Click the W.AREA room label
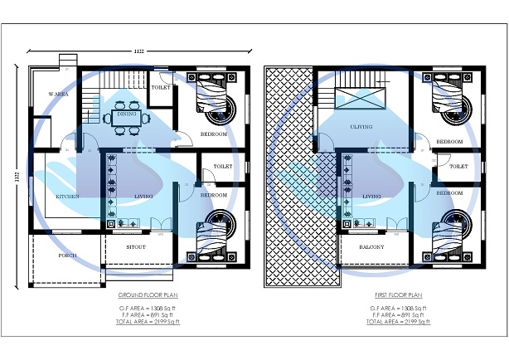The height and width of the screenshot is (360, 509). (57, 94)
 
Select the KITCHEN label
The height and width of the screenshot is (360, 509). (67, 196)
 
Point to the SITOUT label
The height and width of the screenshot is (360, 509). (137, 246)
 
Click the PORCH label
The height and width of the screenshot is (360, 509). (67, 255)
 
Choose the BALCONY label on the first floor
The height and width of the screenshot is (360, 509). (371, 246)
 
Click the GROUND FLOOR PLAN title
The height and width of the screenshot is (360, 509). (148, 294)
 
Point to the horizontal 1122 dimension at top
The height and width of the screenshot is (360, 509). (138, 51)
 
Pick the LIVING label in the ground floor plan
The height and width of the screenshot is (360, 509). (144, 196)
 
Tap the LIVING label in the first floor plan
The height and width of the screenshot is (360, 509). (371, 196)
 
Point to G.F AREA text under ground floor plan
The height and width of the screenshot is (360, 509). (148, 308)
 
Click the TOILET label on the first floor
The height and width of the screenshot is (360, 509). (458, 166)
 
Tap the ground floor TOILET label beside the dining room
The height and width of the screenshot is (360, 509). (161, 86)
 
